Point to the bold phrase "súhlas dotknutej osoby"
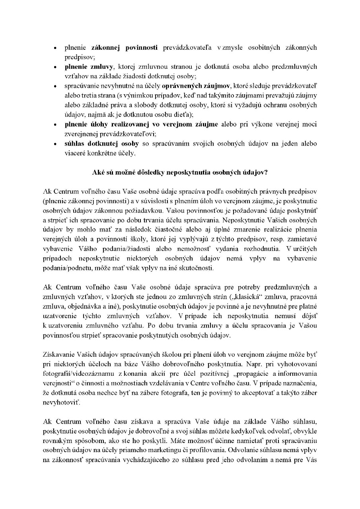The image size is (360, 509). click(96, 144)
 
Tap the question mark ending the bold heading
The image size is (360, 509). click(269, 173)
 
